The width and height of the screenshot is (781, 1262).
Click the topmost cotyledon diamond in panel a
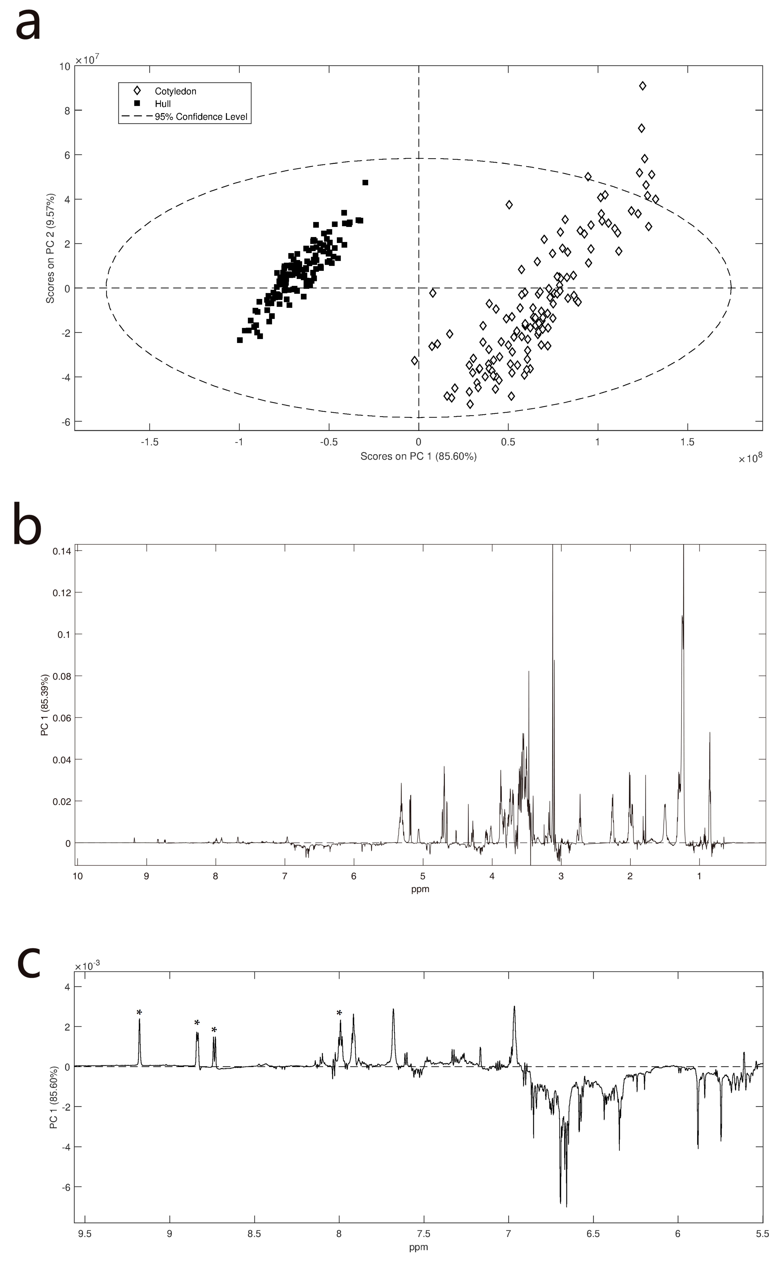(x=643, y=86)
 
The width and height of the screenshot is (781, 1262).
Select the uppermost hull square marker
(x=365, y=182)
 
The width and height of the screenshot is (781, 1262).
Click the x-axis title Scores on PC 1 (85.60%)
(x=418, y=456)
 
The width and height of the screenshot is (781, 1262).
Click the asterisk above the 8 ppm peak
(x=339, y=1013)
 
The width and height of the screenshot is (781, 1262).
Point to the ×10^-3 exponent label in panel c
(x=88, y=967)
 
